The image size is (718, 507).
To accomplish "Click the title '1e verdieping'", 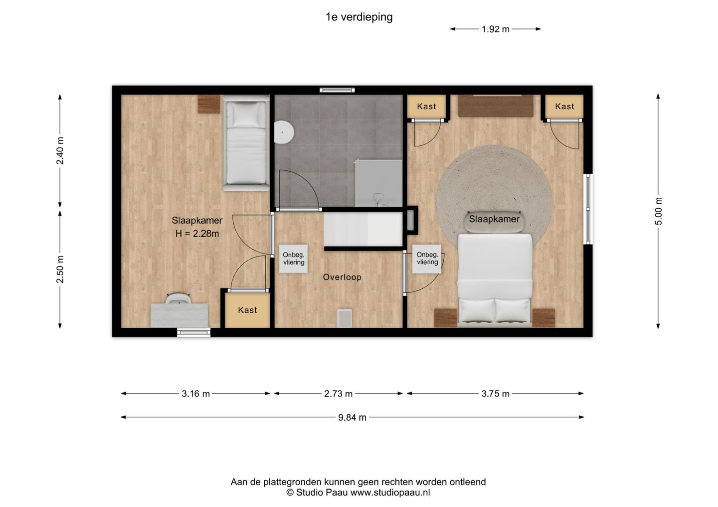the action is (x=359, y=17).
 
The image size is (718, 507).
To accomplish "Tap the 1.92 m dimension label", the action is (x=496, y=29).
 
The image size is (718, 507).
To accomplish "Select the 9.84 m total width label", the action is (x=352, y=417).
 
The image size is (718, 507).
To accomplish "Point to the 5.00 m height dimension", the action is (x=658, y=211).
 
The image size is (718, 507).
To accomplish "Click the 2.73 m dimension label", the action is (x=338, y=393).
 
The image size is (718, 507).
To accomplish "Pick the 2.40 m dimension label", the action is (x=60, y=151).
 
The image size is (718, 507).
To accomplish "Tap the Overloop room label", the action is (x=342, y=277).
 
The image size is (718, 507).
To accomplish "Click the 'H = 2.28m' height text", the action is (x=197, y=234).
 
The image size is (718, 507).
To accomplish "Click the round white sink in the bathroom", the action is (x=284, y=132).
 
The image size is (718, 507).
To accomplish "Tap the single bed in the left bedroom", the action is (x=246, y=143).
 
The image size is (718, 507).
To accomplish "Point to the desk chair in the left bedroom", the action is (x=178, y=298).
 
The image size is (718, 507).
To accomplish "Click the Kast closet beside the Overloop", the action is (x=247, y=310).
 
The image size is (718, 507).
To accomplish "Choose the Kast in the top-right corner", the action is (x=564, y=106).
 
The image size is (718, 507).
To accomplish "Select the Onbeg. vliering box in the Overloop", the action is (x=293, y=259).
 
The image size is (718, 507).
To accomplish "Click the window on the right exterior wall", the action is (x=588, y=209).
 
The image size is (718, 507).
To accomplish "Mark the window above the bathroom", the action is (x=337, y=90).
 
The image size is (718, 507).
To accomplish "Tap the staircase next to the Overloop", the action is (x=363, y=229).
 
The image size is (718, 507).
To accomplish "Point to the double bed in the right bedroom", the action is (x=495, y=280).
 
